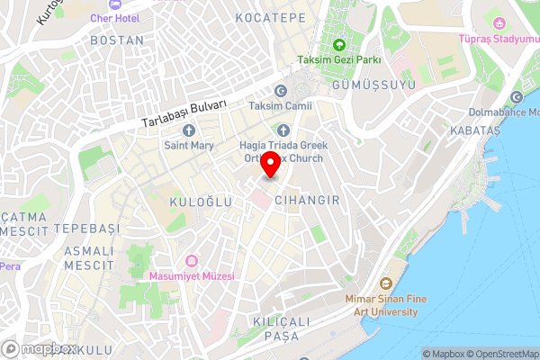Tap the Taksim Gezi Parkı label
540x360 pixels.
[x=339, y=60]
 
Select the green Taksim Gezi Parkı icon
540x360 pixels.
[x=339, y=45]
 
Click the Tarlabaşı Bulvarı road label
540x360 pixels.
[x=184, y=112]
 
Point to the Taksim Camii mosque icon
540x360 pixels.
[x=280, y=92]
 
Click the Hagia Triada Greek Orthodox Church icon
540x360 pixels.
[x=284, y=130]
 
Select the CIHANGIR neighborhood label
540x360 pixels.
[x=307, y=201]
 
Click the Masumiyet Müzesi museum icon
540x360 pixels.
[x=192, y=260]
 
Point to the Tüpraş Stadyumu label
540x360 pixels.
[x=497, y=40]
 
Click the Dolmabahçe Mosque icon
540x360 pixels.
[x=517, y=97]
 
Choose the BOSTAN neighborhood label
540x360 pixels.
[x=117, y=40]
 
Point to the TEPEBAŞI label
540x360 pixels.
[x=86, y=229]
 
